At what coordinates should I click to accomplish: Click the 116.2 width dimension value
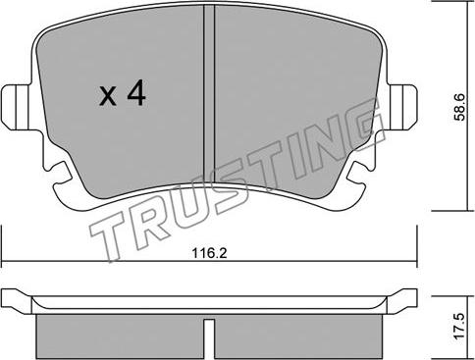pyautogui.click(x=209, y=253)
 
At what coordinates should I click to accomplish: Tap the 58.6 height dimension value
pyautogui.click(x=460, y=107)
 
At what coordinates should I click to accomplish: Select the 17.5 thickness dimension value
pyautogui.click(x=459, y=326)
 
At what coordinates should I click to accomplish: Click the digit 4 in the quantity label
pyautogui.click(x=136, y=93)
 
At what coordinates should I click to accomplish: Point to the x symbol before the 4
pyautogui.click(x=108, y=96)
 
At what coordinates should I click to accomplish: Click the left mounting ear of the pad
pyautogui.click(x=17, y=107)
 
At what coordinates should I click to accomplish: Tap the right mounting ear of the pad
pyautogui.click(x=401, y=107)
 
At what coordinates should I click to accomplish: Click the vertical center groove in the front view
pyautogui.click(x=209, y=95)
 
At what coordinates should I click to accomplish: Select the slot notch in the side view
pyautogui.click(x=209, y=338)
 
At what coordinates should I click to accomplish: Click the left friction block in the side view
pyautogui.click(x=120, y=336)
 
